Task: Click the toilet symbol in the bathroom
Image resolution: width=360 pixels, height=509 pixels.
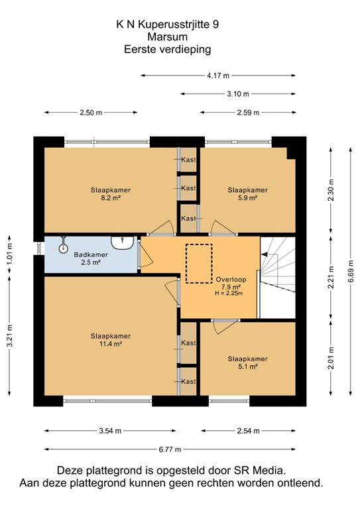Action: coord(64,247)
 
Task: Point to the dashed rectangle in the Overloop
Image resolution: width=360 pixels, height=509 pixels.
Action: coord(196,263)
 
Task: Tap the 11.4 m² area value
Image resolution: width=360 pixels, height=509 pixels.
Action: coord(111,345)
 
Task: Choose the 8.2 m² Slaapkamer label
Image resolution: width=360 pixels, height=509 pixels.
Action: coord(111,194)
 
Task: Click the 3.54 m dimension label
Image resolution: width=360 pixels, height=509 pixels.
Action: coord(109,431)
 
